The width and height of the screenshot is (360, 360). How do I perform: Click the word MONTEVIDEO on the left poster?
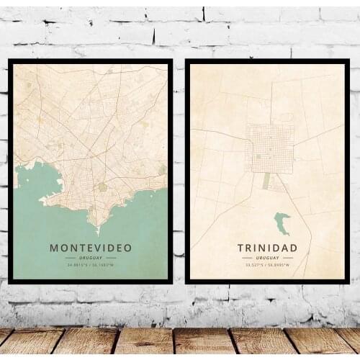(91, 248)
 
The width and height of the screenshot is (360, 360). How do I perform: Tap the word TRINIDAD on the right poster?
(266, 248)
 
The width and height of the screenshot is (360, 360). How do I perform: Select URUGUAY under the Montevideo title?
(91, 258)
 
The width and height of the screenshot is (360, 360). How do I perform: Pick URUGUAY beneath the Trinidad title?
(266, 258)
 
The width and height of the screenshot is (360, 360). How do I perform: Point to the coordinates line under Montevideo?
(91, 265)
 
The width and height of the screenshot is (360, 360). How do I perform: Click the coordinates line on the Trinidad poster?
(266, 265)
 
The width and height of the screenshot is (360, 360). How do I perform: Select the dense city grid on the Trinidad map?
(270, 148)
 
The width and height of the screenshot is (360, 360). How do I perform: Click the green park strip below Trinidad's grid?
(266, 181)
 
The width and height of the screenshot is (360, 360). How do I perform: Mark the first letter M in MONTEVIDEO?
(54, 248)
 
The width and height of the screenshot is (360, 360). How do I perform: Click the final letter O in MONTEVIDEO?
(128, 248)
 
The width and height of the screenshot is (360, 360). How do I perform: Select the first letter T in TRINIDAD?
(241, 248)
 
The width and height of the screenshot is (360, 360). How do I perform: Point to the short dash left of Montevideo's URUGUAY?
(70, 258)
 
